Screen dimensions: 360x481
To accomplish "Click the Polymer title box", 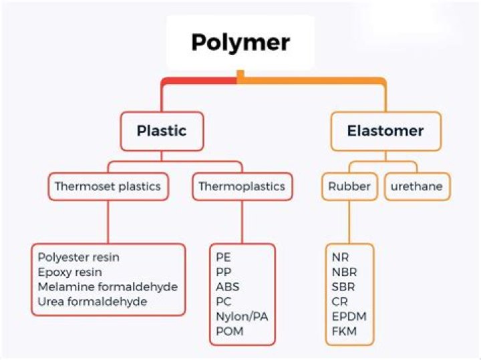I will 240,42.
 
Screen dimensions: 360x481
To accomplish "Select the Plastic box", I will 161,131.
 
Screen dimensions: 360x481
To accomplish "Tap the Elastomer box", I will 385,131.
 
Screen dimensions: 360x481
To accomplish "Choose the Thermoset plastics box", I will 108,186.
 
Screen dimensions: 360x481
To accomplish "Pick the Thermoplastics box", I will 242,186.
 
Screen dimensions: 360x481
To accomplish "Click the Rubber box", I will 349,186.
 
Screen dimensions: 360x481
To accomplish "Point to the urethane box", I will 416,186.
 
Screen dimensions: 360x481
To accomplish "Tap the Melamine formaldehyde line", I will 108,287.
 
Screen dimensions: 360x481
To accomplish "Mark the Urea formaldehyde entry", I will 92,301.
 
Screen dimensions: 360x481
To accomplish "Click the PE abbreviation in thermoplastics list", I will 223,257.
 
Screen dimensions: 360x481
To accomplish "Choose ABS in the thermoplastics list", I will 227,287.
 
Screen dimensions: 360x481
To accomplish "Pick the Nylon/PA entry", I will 241,316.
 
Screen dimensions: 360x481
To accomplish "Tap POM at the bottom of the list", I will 230,331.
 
